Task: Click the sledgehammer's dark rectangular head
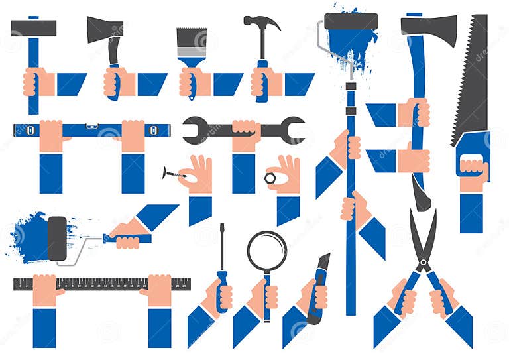[x=33, y=28]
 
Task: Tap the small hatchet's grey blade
[x=104, y=29]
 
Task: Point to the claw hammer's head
[x=261, y=22]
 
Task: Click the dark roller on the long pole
[x=351, y=21]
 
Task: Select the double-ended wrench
[x=243, y=130]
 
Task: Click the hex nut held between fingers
[x=270, y=178]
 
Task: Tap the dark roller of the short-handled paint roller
[x=57, y=238]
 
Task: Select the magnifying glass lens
[x=266, y=251]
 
